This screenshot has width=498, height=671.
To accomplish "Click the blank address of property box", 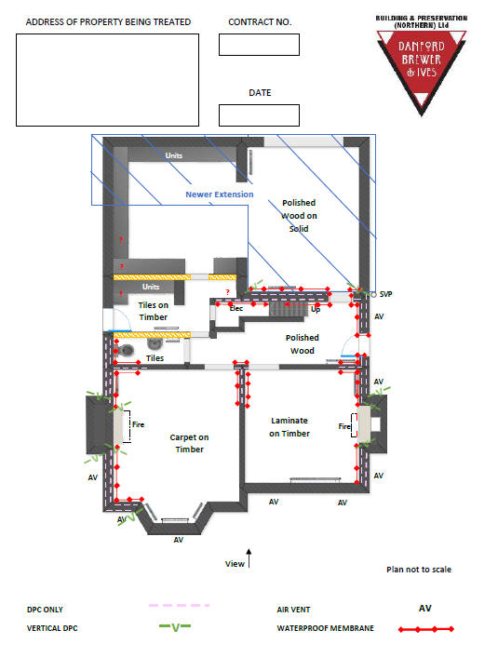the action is tap(107, 80).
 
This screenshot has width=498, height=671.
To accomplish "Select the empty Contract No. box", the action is tap(259, 45).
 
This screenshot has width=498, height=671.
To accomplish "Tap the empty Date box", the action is tap(259, 115).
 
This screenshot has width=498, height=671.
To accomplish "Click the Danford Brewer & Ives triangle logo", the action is tap(422, 69).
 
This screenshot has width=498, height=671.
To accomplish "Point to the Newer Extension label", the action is tap(220, 195).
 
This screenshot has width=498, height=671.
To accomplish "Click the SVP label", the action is tap(385, 294).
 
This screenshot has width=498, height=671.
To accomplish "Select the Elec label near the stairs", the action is tap(236, 308).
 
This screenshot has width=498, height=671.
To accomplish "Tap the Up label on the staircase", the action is tap(316, 309).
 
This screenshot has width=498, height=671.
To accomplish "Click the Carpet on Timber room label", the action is tap(189, 443).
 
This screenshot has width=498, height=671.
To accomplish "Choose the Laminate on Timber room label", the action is tap(289, 427).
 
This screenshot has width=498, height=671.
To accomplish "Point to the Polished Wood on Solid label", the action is tap(299, 216).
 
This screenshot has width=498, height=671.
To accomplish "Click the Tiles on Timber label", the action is tap(153, 311).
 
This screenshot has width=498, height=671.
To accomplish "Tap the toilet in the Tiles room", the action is tap(125, 350).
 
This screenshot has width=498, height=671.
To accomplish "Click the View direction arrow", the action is tap(249, 558).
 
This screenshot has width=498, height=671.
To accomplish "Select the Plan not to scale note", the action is tap(419, 570).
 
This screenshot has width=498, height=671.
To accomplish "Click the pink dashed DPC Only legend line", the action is tap(179, 606).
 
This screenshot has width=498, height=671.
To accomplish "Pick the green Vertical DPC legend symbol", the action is tap(175, 627).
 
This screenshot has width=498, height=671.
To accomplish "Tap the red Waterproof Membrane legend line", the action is tap(426, 629).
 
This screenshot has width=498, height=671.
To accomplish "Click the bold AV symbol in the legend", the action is tap(425, 608).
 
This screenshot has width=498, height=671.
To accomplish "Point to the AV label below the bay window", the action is tap(179, 540).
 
